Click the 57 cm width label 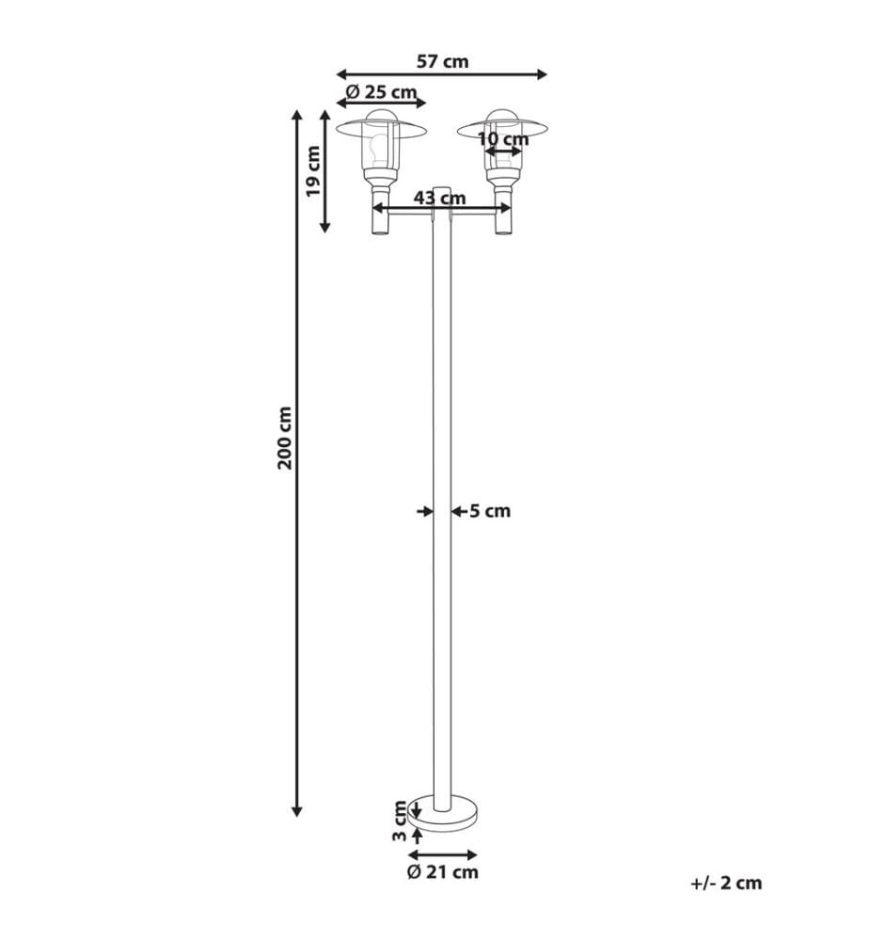coord(443,61)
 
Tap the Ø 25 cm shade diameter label coord(382,92)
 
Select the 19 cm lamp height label coord(313,171)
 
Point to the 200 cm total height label coord(284,438)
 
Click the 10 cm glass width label coord(503,139)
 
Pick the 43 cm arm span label coord(439,197)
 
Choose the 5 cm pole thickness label coord(490,511)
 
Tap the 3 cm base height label coord(400,821)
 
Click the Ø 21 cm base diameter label coord(443,872)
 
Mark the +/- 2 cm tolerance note coord(726,883)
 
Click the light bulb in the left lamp coord(379,149)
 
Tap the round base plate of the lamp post coord(443,811)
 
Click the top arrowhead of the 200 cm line coord(295,115)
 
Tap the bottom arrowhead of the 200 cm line coord(296,811)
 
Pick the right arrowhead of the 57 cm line coord(542,74)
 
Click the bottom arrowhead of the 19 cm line coord(325,226)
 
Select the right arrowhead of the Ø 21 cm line coord(471,855)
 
